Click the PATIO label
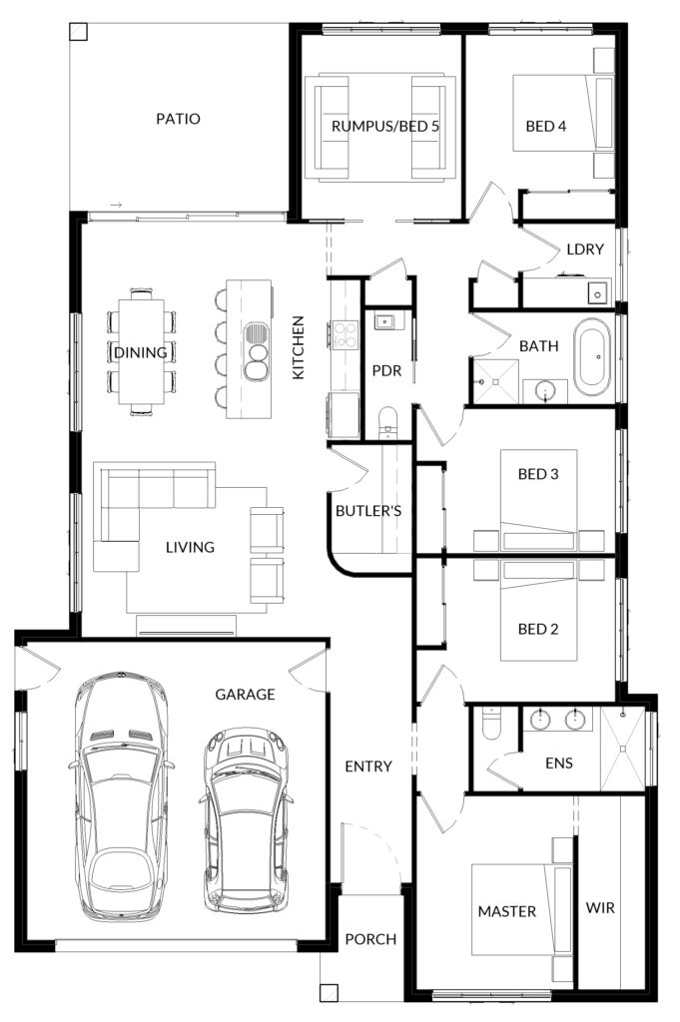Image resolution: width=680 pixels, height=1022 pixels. click(x=178, y=119)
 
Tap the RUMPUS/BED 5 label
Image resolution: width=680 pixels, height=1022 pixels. click(x=384, y=126)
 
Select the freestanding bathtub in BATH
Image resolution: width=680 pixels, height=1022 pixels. click(x=592, y=356)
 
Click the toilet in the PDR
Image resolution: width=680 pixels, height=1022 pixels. click(x=387, y=422)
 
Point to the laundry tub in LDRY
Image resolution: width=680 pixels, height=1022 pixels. click(x=598, y=293)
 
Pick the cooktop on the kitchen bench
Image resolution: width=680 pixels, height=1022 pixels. click(x=344, y=335)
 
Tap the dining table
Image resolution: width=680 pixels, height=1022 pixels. click(x=141, y=352)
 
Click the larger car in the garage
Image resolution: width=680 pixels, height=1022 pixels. click(x=122, y=796)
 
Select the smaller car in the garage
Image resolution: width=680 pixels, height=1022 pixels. click(x=245, y=820)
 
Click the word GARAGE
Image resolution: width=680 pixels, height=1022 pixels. click(x=245, y=695)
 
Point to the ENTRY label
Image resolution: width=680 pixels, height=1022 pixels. click(x=368, y=766)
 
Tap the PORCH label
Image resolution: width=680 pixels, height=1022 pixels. click(x=370, y=939)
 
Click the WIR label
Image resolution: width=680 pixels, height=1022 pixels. click(x=600, y=907)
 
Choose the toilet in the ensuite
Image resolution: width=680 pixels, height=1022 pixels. click(x=491, y=724)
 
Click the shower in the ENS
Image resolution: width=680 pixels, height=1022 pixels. click(x=622, y=749)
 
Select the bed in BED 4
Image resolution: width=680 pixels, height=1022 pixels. click(x=563, y=114)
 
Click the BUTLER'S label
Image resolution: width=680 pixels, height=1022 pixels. click(x=368, y=511)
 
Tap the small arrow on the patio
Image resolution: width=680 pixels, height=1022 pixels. click(x=116, y=206)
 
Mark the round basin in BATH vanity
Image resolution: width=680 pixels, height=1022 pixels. click(x=545, y=390)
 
